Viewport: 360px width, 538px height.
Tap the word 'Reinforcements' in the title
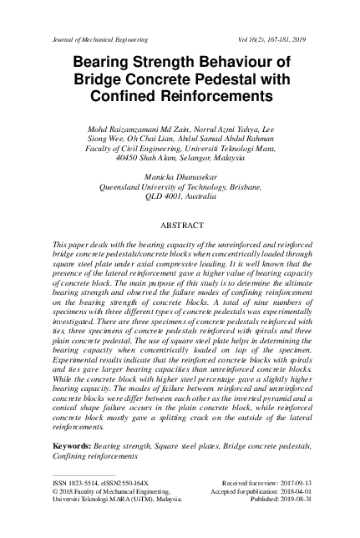[x=226, y=97]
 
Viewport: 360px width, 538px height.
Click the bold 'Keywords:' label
[x=73, y=448]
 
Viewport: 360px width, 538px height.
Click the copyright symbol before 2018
[x=55, y=493]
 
